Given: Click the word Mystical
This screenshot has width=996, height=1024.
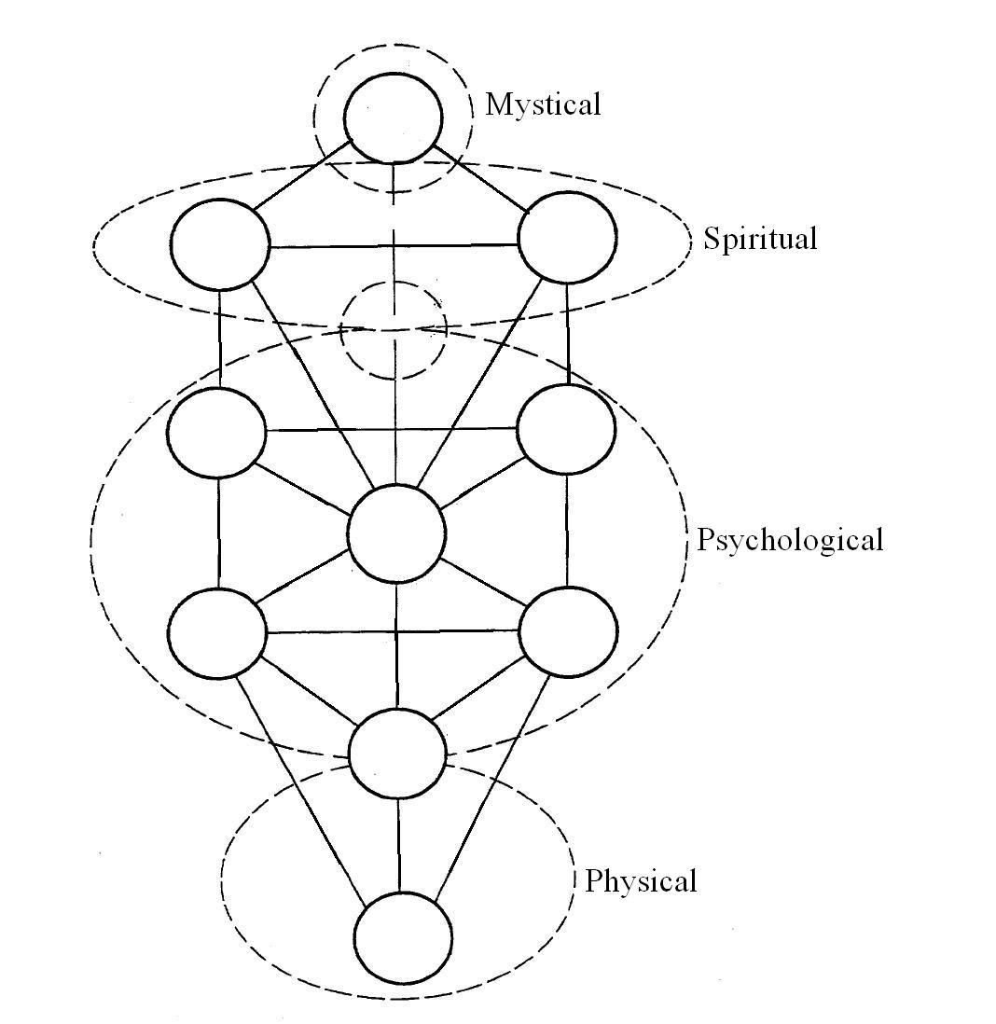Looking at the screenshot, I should [x=543, y=104].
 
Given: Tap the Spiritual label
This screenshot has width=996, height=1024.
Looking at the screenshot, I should [x=760, y=239].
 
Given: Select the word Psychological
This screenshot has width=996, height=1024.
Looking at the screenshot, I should [x=789, y=540].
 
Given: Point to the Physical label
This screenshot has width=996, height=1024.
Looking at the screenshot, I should [x=641, y=881].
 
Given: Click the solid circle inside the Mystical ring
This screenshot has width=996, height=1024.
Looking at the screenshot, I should [x=393, y=118].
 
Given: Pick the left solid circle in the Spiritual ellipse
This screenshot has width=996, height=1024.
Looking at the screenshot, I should [x=220, y=242].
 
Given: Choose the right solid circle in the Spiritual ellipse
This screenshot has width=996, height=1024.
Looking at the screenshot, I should [x=567, y=237].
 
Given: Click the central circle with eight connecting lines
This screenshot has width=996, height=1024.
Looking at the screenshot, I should [x=396, y=533].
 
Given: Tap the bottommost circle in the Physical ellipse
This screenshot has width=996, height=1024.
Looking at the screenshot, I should [x=404, y=936].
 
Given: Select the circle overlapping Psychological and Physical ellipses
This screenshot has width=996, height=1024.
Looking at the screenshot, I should [x=397, y=754].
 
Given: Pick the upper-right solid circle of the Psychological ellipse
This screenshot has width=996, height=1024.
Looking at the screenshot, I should [x=567, y=428].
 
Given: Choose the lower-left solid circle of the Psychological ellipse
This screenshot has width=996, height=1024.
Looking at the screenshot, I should [x=217, y=633].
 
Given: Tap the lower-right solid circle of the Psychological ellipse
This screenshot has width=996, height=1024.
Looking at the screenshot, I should [x=568, y=631].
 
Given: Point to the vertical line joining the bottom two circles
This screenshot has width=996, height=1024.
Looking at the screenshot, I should [x=399, y=845].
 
